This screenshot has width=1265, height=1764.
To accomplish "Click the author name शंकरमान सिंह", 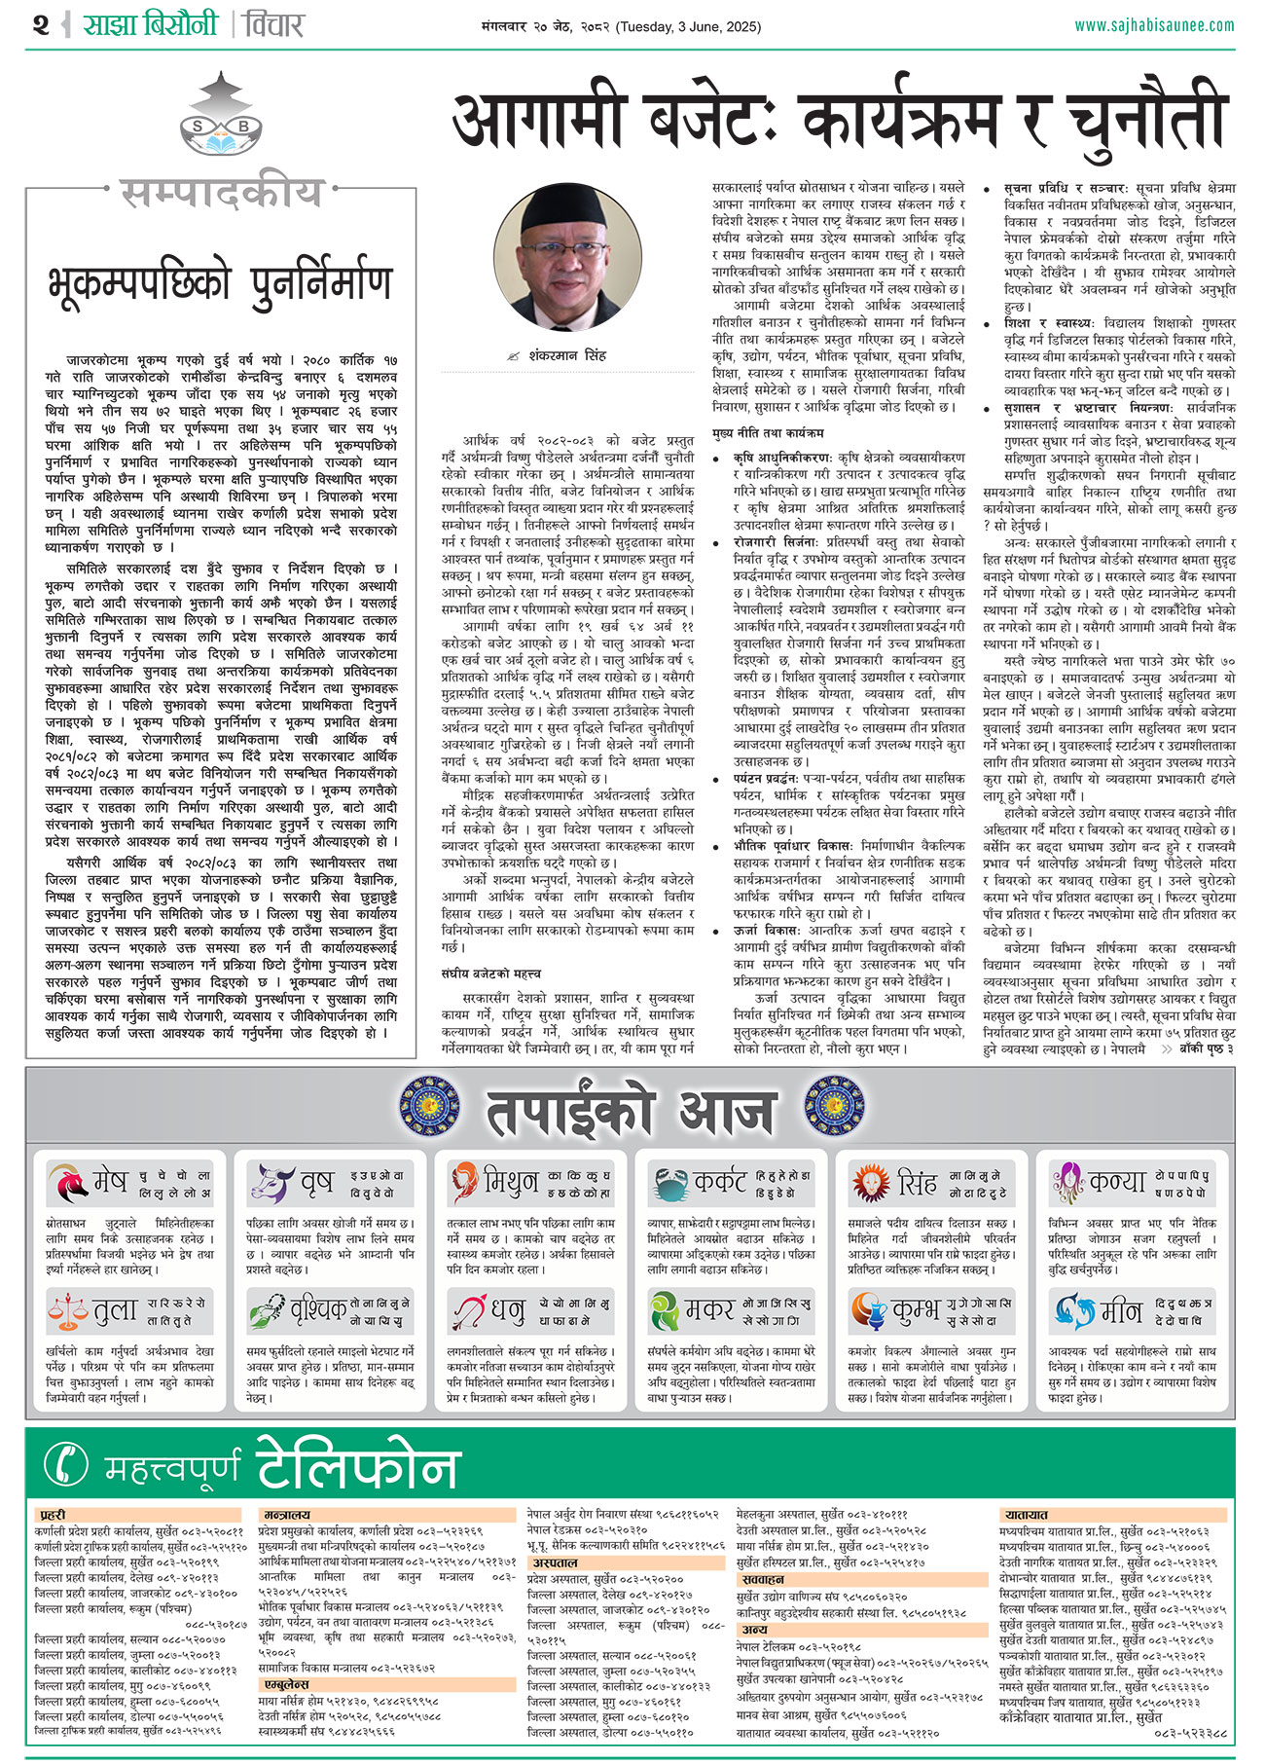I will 567,356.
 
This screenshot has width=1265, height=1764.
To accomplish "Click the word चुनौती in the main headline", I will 1143,122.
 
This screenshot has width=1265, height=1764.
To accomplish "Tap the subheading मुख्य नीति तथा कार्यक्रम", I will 768,432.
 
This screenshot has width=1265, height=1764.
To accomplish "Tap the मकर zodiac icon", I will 666,1310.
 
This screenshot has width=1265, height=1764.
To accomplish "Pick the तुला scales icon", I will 67,1310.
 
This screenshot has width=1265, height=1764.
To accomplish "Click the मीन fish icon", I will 1073,1310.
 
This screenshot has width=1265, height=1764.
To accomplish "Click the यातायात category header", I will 1026,1516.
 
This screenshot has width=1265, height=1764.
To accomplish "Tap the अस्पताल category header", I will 555,1562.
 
